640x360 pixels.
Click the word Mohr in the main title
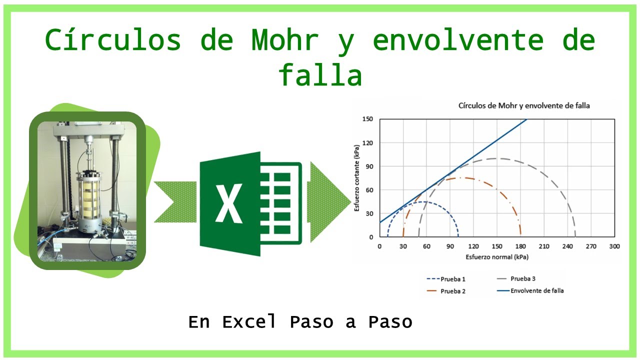tap(285, 40)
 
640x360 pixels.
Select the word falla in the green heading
tap(320, 76)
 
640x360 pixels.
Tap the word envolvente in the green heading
tap(458, 40)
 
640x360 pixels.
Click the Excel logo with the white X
tap(250, 203)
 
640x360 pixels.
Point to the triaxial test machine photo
tap(87, 190)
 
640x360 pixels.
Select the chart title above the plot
tap(524, 105)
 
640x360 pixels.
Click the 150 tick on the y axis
tap(368, 119)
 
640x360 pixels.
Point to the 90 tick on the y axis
tap(370, 166)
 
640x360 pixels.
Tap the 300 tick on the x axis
tap(614, 246)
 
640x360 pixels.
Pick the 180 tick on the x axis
tap(520, 246)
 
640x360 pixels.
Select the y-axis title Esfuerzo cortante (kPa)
tap(357, 178)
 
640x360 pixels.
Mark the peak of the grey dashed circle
tap(496, 158)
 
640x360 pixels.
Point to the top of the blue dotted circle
tap(422, 201)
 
